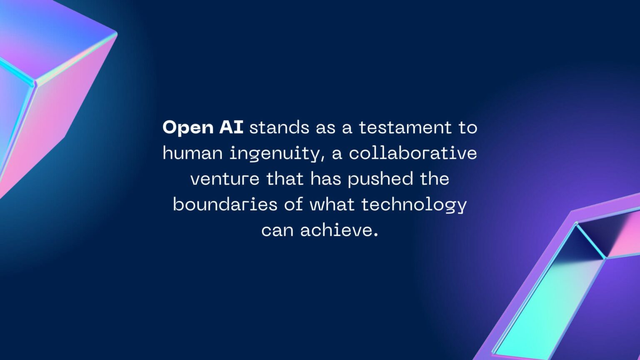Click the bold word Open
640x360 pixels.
click(x=188, y=127)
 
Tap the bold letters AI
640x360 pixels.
click(x=231, y=127)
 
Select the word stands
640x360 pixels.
click(x=279, y=127)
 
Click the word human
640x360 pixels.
click(x=192, y=153)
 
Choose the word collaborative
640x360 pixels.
click(x=412, y=153)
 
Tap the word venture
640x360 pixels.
click(x=225, y=179)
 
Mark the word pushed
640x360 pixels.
click(x=380, y=179)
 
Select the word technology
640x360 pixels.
click(x=414, y=205)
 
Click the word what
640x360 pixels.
click(x=332, y=204)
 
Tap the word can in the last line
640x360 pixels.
click(x=277, y=230)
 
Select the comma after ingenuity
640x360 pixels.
click(x=323, y=159)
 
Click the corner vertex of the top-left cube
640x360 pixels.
click(x=35, y=84)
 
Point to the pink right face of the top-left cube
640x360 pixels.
click(x=67, y=108)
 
